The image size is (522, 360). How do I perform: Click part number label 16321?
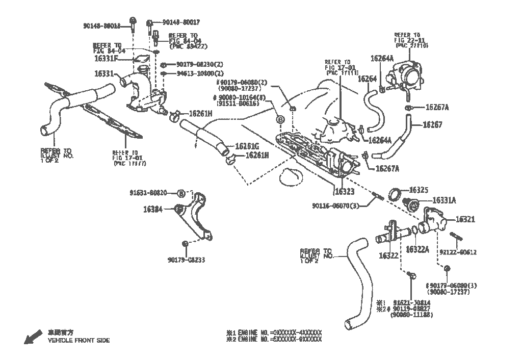pyautogui.click(x=465, y=220)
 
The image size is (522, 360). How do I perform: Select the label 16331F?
pyautogui.click(x=106, y=59)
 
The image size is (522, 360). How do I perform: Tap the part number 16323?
pyautogui.click(x=345, y=192)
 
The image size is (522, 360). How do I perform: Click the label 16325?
pyautogui.click(x=419, y=190)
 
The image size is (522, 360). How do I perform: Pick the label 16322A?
pyautogui.click(x=417, y=249)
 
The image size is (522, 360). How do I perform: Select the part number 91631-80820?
pyautogui.click(x=151, y=193)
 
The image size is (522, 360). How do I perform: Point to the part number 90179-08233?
pyautogui.click(x=186, y=260)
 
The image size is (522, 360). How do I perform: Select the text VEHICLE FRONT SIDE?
pyautogui.click(x=79, y=340)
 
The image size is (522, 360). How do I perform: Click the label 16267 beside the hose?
pyautogui.click(x=432, y=124)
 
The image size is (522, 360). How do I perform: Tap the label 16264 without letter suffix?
pyautogui.click(x=367, y=79)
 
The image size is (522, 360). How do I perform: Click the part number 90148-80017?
pyautogui.click(x=181, y=22)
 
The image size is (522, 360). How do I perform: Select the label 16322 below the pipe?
pyautogui.click(x=388, y=255)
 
